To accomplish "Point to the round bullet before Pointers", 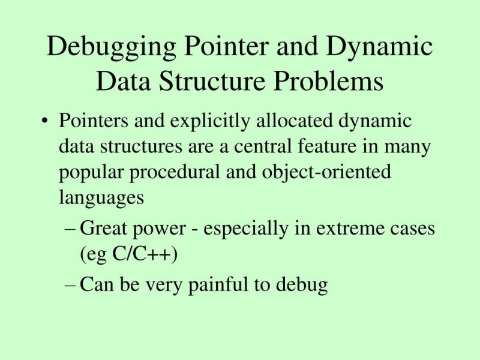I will click(44, 122).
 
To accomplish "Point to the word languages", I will click(101, 199).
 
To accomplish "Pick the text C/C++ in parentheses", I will click(142, 254).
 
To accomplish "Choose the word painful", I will click(219, 285).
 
